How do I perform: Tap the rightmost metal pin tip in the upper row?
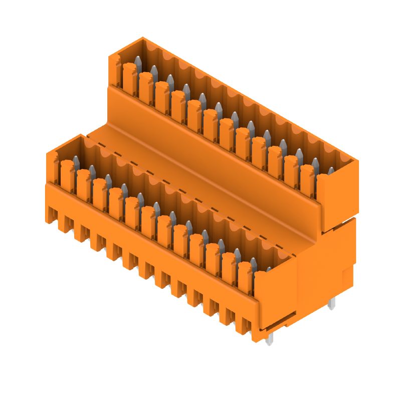[x=330, y=171]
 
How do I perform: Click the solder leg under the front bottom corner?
[x=270, y=340]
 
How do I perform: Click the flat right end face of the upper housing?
[x=337, y=195]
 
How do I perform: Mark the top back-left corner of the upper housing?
[x=143, y=38]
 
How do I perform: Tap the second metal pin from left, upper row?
[x=154, y=72]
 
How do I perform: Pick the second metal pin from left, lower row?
[x=92, y=170]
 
